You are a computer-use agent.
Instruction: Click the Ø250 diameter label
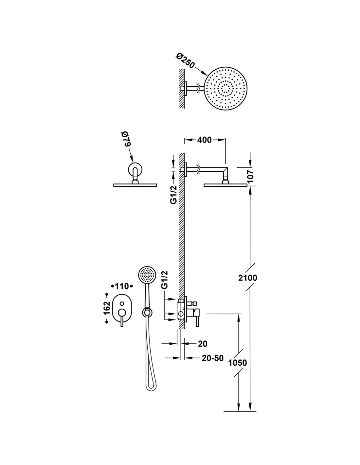coord(185,60)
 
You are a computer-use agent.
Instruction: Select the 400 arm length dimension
coord(204,140)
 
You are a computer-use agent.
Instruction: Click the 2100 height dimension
coord(247,278)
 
